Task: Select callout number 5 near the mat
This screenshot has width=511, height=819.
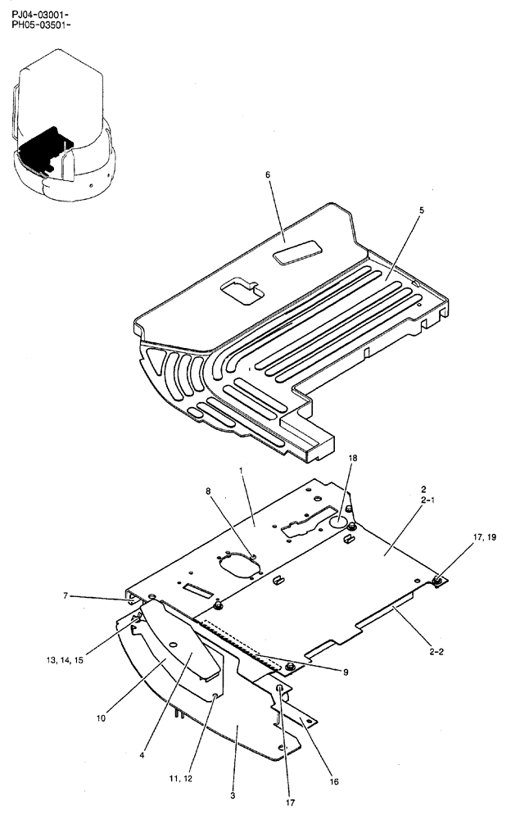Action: (x=421, y=210)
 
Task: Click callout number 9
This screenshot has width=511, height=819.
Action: (x=346, y=672)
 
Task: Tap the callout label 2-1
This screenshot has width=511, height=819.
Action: (x=423, y=500)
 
